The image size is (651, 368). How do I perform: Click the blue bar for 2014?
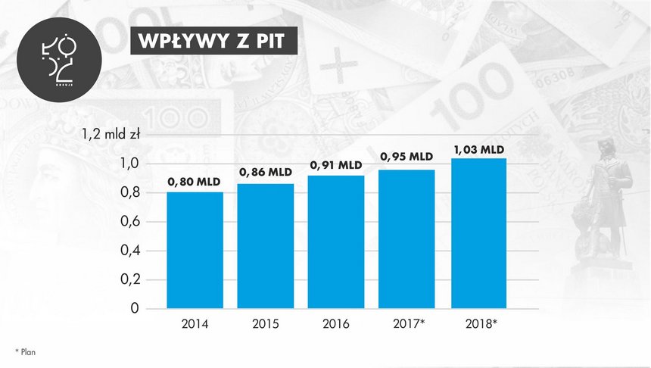pyautogui.click(x=195, y=250)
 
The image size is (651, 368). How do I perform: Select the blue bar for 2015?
pyautogui.click(x=266, y=246)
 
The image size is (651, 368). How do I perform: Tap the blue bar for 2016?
pyautogui.click(x=337, y=242)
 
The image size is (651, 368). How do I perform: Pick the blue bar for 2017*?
pyautogui.click(x=407, y=239)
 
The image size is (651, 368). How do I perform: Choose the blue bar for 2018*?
pyautogui.click(x=479, y=233)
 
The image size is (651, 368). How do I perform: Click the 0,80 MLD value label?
pyautogui.click(x=195, y=182)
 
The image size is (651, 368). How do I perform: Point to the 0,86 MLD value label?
pyautogui.click(x=266, y=173)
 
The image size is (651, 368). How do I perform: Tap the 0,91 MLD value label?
pyautogui.click(x=336, y=164)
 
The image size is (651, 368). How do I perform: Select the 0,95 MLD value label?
pyautogui.click(x=407, y=157)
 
